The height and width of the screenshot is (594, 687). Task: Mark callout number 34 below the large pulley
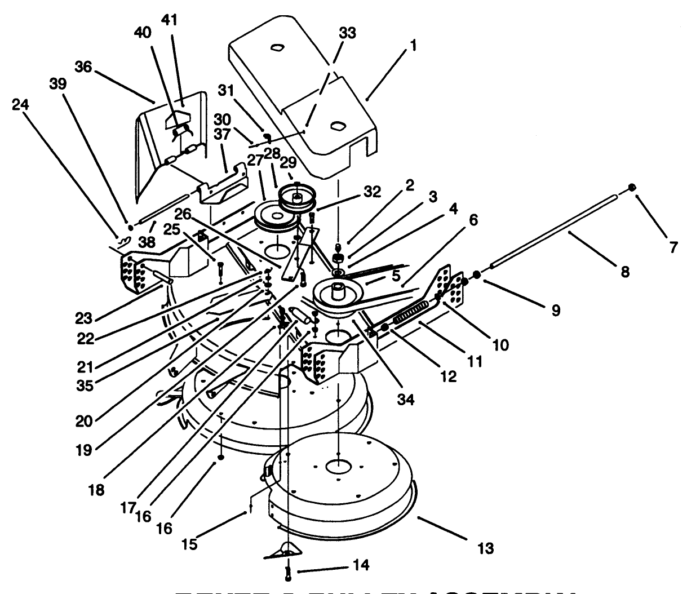coord(405,400)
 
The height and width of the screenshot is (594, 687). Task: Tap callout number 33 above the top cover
coord(347,33)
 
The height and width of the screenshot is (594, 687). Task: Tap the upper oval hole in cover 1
coord(276,48)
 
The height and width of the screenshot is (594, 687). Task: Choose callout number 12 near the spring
coord(448,376)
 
